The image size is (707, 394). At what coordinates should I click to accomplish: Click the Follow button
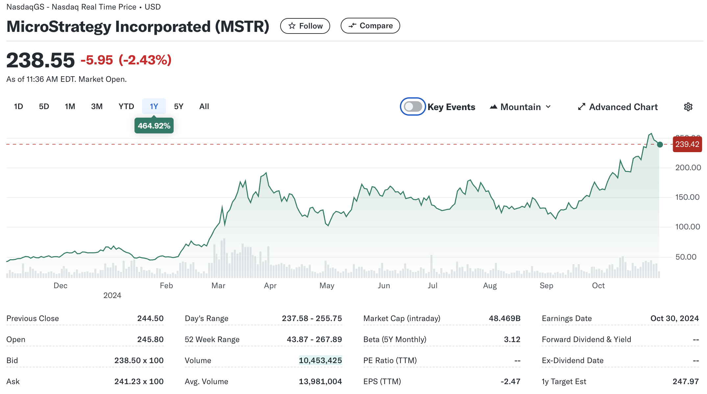305,26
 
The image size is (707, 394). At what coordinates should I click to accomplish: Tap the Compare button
370,26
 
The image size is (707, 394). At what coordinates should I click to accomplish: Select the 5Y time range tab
179,106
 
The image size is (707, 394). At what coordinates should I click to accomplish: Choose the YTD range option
126,106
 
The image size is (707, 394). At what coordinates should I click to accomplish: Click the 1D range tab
18,106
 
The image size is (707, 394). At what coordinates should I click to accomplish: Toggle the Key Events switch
413,106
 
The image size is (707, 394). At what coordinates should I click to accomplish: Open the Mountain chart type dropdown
520,107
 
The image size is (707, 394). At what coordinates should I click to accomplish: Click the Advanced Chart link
618,107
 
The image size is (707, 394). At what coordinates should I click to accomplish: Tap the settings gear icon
688,107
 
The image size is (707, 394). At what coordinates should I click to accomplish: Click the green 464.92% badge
154,126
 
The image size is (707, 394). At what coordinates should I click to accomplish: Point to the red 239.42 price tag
687,144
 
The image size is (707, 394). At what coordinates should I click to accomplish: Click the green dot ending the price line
660,145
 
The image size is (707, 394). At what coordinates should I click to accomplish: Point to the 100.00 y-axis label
688,227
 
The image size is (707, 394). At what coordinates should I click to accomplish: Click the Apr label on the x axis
270,286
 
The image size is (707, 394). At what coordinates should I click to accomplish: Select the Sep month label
546,286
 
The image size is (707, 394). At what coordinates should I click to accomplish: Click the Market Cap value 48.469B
504,318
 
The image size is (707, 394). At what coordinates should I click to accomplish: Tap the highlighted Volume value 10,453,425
320,360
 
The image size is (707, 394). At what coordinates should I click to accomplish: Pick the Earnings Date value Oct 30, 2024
674,318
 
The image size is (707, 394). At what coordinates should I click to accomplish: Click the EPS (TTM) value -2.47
510,382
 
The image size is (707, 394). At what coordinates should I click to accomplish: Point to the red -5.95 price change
97,60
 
